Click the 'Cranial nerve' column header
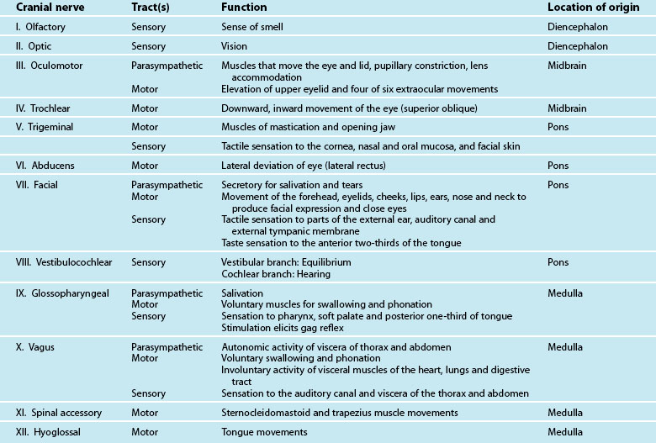pyautogui.click(x=49, y=8)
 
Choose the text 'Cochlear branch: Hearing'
pyautogui.click(x=276, y=274)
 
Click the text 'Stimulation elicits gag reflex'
pyautogui.click(x=288, y=327)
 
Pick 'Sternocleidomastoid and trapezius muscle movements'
pyautogui.click(x=340, y=413)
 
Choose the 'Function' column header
pyautogui.click(x=244, y=8)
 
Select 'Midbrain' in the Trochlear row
pyautogui.click(x=566, y=108)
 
